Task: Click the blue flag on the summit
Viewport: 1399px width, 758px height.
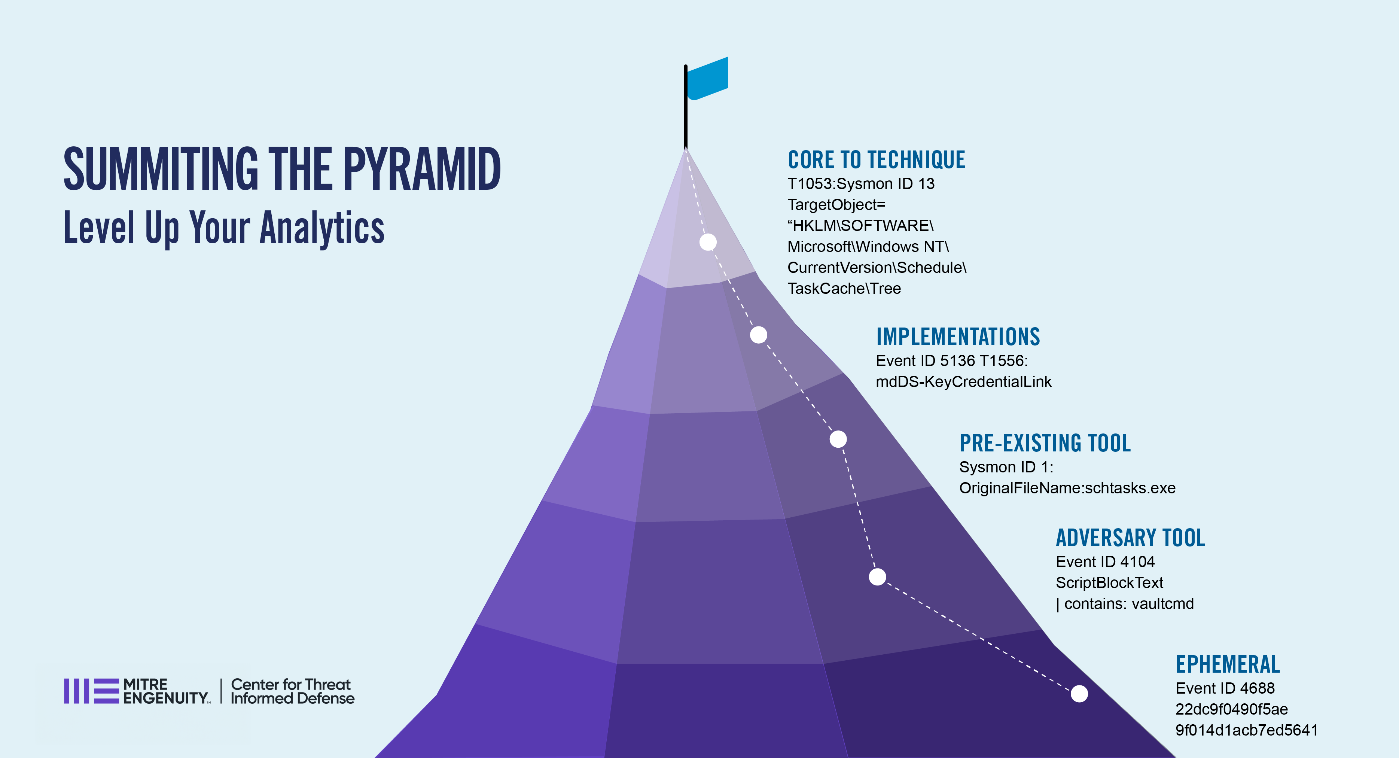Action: tap(707, 79)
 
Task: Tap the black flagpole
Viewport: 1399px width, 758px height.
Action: tap(685, 106)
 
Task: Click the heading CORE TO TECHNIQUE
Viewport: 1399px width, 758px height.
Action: tap(877, 159)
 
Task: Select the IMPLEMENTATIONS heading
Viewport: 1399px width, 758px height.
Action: tap(958, 337)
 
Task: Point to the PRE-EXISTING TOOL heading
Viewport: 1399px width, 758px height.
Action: tap(1045, 443)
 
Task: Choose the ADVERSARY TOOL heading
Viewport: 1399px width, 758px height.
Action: tap(1130, 538)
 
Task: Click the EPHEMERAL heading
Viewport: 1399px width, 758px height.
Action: tap(1228, 664)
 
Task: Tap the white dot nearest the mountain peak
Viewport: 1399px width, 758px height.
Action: tap(708, 242)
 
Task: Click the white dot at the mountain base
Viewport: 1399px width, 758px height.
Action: tap(1079, 693)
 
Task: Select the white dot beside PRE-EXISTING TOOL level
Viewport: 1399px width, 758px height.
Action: tap(838, 439)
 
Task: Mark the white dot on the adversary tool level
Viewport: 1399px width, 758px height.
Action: tap(878, 577)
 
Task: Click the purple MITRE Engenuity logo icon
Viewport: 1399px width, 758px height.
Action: tap(91, 691)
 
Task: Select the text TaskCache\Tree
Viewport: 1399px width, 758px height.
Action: tap(844, 288)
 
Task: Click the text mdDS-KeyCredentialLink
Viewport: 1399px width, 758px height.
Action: tap(963, 382)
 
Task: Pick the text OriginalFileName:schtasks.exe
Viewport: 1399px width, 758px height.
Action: tap(1067, 488)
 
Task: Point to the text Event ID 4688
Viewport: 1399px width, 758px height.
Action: tap(1225, 688)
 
